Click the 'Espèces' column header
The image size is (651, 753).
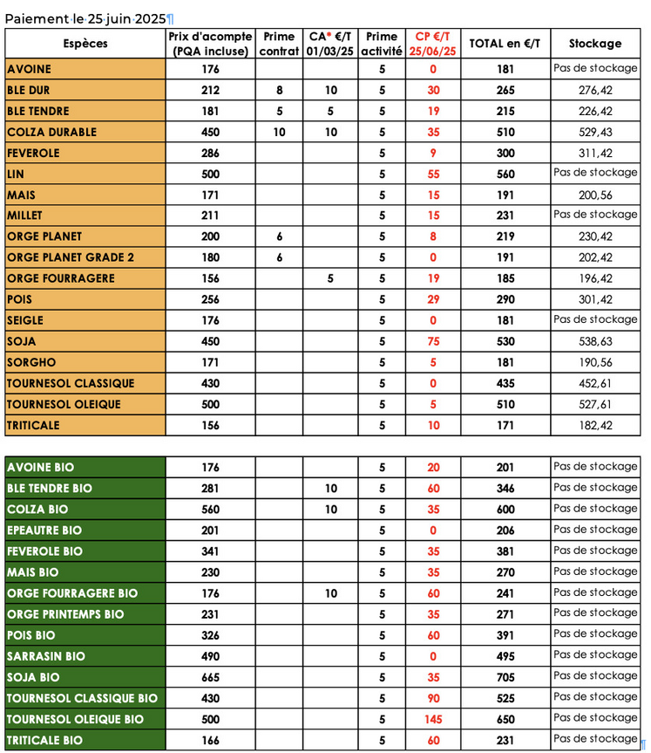coord(85,44)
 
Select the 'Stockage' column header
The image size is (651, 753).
coord(595,44)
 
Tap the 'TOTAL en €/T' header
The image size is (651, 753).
coord(505,44)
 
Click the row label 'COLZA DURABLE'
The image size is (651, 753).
coord(51,132)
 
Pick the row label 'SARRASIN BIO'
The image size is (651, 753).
coord(45,656)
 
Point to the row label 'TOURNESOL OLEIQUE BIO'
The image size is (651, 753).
coord(75,719)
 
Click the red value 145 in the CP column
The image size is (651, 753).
coord(433,719)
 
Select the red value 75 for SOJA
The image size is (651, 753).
coord(433,341)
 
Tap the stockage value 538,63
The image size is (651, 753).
coord(595,341)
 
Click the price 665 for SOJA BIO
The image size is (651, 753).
coord(210,677)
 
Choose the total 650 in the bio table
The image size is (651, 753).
coord(505,719)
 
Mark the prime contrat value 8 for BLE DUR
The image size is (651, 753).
coord(279,90)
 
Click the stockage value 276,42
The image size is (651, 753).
coord(595,90)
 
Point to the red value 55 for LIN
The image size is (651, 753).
coord(433,174)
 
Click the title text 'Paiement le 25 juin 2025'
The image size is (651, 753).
coord(86,18)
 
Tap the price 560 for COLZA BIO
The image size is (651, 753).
coord(210,510)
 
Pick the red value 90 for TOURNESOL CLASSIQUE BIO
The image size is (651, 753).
coord(433,698)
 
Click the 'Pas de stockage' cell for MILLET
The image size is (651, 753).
coord(595,215)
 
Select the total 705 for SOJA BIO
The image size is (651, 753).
coord(505,677)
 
